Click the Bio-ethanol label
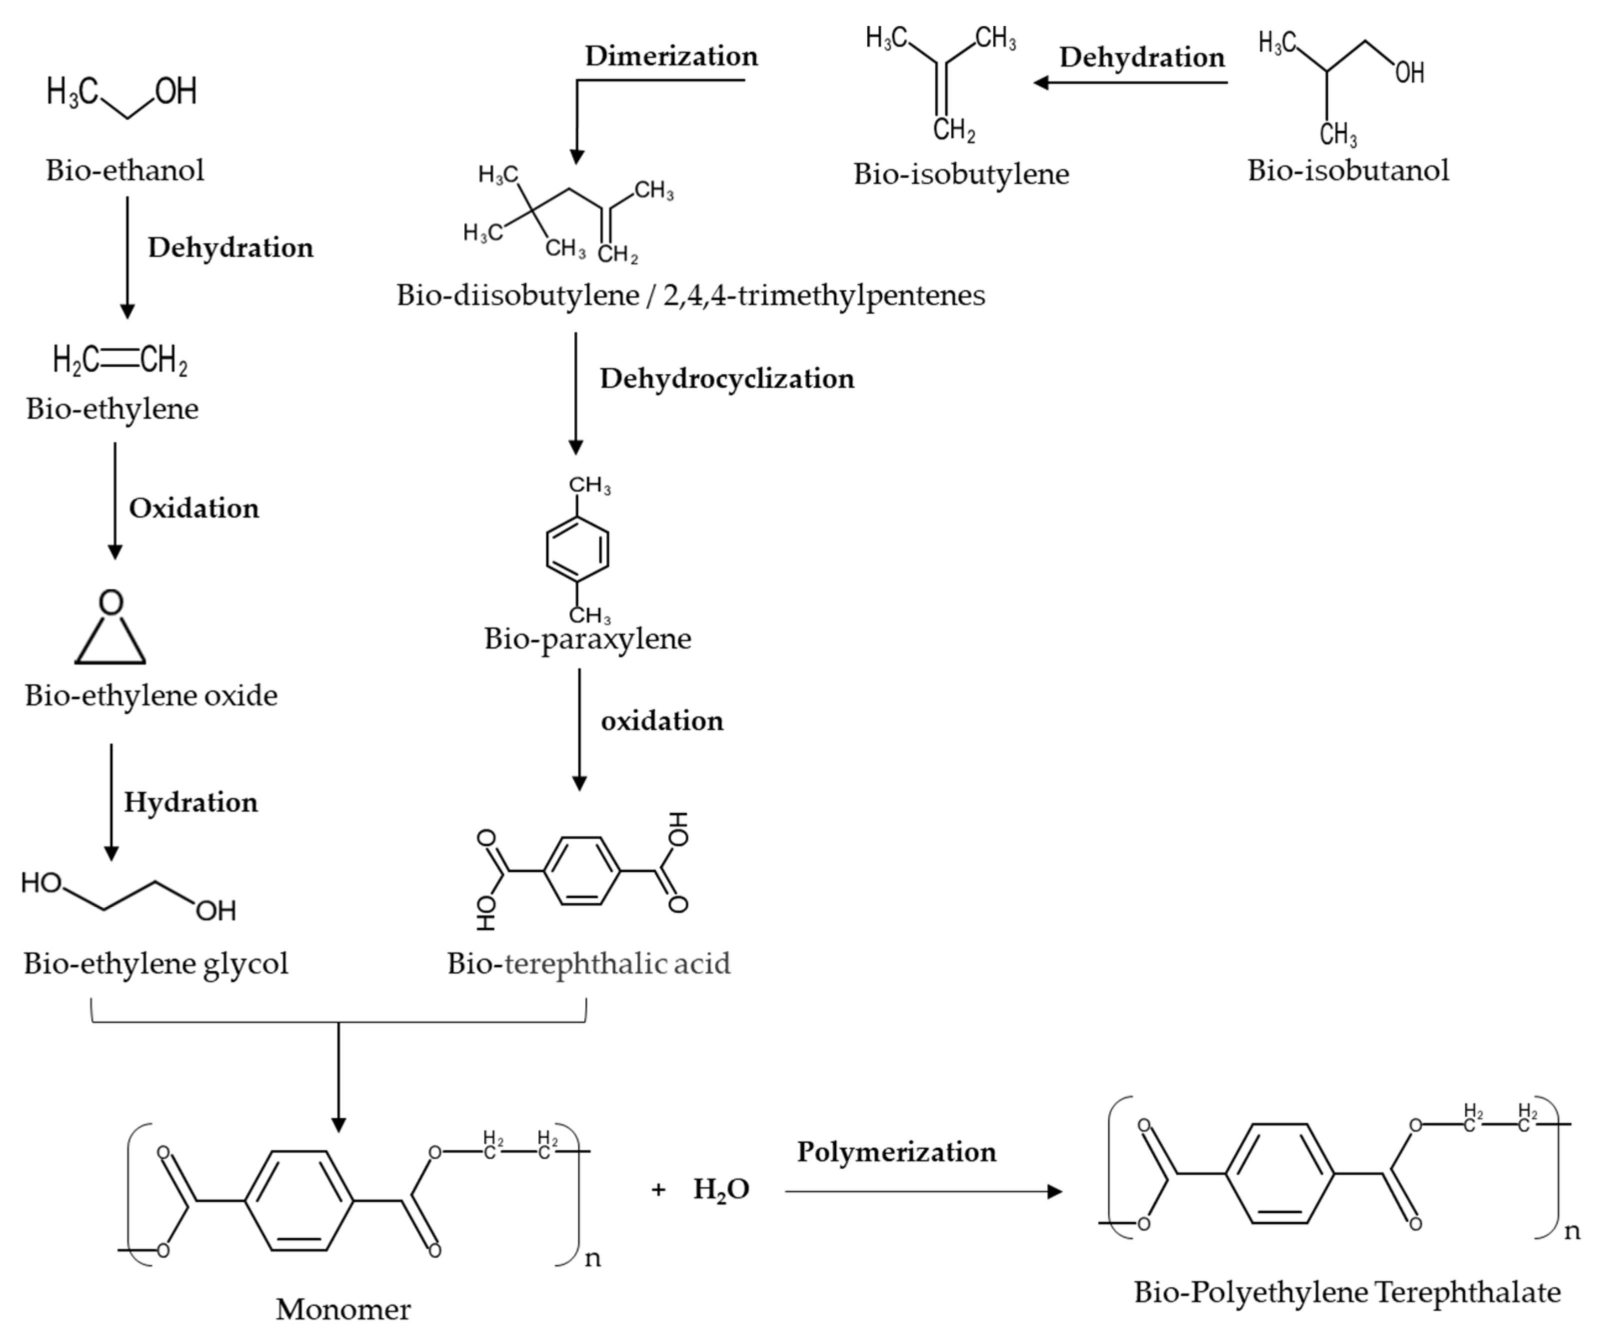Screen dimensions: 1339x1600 point(125,170)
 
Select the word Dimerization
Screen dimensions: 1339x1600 point(671,56)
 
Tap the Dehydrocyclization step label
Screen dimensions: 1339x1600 point(727,379)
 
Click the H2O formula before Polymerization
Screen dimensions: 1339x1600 point(721,1189)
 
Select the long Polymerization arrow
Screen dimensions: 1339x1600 point(922,1191)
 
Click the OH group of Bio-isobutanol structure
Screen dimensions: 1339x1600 point(1410,73)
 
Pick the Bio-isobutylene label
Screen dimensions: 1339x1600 point(961,174)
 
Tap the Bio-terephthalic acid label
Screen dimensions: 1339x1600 point(588,964)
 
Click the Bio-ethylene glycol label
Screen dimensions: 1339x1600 point(156,964)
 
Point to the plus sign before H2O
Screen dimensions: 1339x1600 point(658,1189)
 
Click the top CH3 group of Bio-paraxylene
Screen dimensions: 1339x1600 point(590,485)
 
